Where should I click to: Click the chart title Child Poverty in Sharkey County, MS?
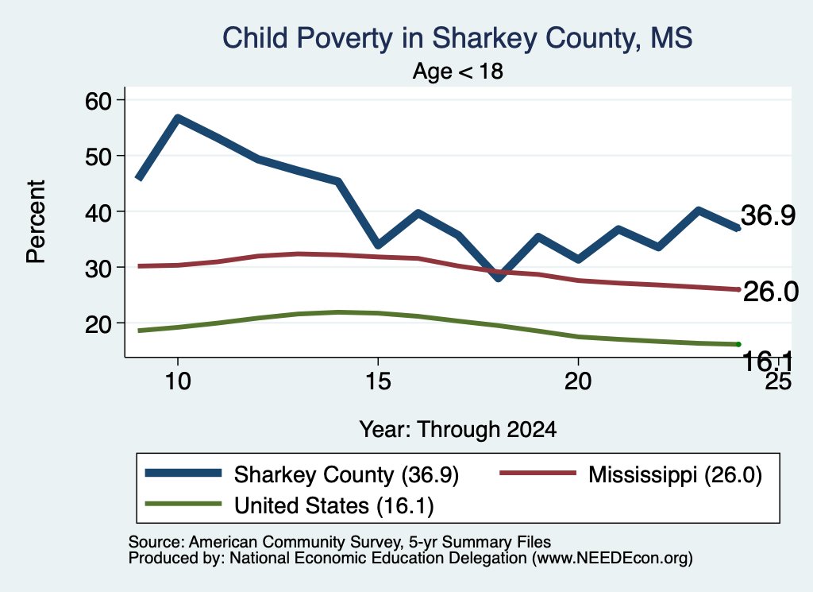click(x=457, y=38)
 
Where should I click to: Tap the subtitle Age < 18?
click(x=458, y=71)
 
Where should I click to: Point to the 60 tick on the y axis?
click(x=98, y=100)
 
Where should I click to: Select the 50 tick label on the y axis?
click(x=98, y=156)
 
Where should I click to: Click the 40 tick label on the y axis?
click(x=98, y=211)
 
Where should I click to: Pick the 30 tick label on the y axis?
click(x=98, y=268)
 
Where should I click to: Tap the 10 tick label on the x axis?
click(x=178, y=381)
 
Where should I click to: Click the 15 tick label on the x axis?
click(x=378, y=381)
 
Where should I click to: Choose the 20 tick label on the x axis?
click(x=578, y=381)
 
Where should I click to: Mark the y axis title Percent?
click(x=37, y=222)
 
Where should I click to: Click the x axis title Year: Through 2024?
click(x=458, y=430)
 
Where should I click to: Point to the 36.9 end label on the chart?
click(x=768, y=215)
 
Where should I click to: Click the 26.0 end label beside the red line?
click(x=770, y=292)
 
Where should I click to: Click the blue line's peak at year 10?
click(x=178, y=119)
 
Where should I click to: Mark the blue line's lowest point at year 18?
click(x=499, y=277)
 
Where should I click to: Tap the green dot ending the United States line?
click(x=738, y=345)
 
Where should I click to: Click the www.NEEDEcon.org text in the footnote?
click(x=612, y=559)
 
